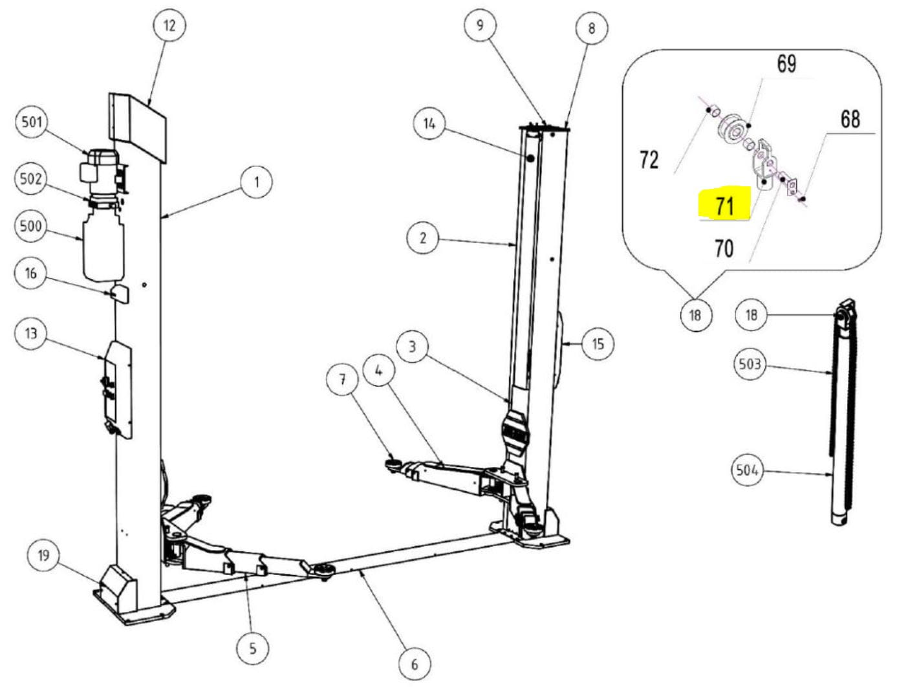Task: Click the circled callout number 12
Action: click(x=169, y=26)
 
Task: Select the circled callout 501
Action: click(x=32, y=122)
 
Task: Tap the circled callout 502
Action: click(x=31, y=179)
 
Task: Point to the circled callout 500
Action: click(x=31, y=226)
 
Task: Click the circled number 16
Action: click(x=30, y=274)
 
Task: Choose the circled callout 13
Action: click(x=31, y=333)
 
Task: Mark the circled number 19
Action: click(x=43, y=556)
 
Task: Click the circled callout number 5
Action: click(x=253, y=649)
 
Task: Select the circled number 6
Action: click(x=415, y=664)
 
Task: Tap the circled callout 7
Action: click(x=342, y=380)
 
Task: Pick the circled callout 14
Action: click(x=429, y=124)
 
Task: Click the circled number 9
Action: click(x=480, y=25)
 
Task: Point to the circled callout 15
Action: click(x=598, y=344)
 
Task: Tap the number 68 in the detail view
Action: click(x=850, y=119)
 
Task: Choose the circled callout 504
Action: click(x=747, y=470)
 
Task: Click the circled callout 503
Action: click(x=750, y=364)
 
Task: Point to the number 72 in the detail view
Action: click(x=649, y=160)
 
